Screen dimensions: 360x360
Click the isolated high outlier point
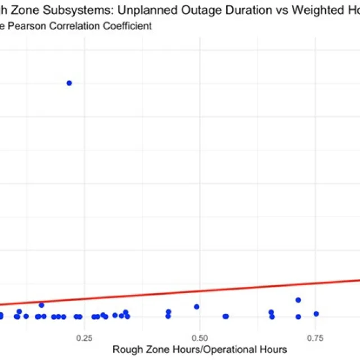[69, 83]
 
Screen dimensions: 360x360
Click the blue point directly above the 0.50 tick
[196, 307]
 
